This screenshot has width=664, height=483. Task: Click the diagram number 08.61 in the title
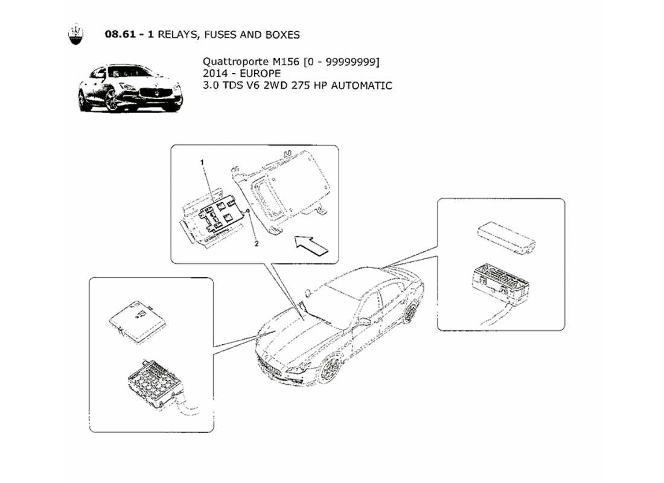coord(121,35)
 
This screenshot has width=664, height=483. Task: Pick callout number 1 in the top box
coord(203,162)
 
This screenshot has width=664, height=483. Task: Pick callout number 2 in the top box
coord(256,245)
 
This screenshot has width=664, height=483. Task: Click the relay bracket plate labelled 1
coord(219,216)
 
